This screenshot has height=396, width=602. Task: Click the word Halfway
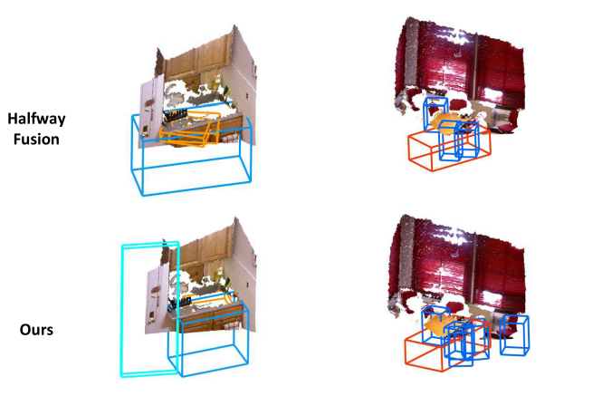click(x=36, y=119)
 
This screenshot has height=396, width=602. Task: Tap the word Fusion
click(x=36, y=139)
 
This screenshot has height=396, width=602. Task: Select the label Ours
click(x=36, y=330)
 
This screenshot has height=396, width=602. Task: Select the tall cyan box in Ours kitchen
click(x=123, y=307)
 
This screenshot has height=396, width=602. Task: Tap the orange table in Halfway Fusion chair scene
click(x=448, y=122)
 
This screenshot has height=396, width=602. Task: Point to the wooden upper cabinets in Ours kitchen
click(x=200, y=256)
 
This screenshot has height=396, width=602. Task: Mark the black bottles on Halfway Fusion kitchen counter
click(x=175, y=115)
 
